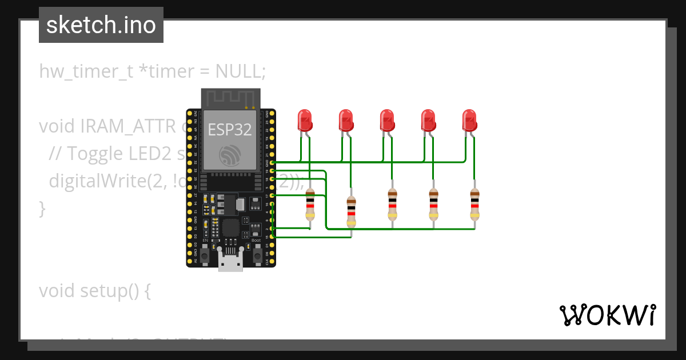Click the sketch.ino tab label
pyautogui.click(x=101, y=25)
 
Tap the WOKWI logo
pyautogui.click(x=607, y=315)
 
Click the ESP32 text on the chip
pyautogui.click(x=229, y=129)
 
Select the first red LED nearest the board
pyautogui.click(x=305, y=121)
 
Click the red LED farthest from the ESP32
pyautogui.click(x=469, y=121)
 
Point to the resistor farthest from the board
pyautogui.click(x=474, y=205)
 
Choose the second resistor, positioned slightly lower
pyautogui.click(x=351, y=209)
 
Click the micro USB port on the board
pyautogui.click(x=230, y=263)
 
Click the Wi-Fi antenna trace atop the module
pyautogui.click(x=230, y=98)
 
